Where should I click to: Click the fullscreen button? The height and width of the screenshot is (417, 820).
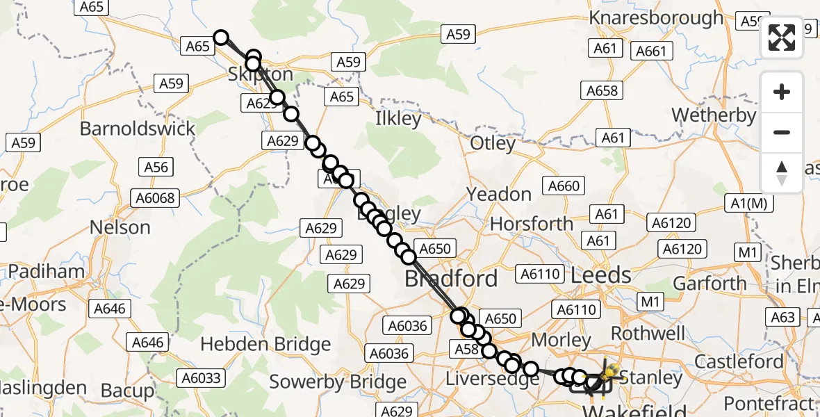[x=782, y=38]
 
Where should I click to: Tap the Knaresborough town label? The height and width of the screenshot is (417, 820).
[x=656, y=17]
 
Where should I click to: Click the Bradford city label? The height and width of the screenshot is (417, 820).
[x=451, y=279]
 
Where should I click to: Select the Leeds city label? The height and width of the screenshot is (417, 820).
[x=600, y=275]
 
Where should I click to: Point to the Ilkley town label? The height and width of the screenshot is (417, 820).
[x=398, y=118]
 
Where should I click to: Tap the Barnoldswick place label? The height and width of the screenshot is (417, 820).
[x=138, y=129]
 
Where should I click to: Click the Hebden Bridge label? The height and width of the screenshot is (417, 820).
[x=265, y=345]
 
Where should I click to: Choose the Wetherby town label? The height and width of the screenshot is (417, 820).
[x=713, y=115]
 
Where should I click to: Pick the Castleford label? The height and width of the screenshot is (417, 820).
[x=739, y=361]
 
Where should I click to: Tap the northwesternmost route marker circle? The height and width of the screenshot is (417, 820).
[x=221, y=38]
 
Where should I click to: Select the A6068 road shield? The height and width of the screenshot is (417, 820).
[x=158, y=198]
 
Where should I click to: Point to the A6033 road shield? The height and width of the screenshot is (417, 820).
[x=201, y=377]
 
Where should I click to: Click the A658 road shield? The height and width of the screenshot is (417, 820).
[x=602, y=91]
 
